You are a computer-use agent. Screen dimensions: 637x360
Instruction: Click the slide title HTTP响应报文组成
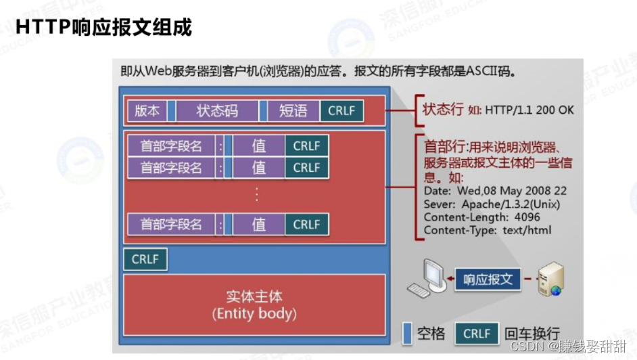point(103,27)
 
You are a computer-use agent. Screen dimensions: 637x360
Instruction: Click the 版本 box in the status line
point(147,111)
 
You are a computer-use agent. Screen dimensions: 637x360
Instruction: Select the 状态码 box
point(217,111)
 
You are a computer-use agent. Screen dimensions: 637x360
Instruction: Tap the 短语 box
point(293,111)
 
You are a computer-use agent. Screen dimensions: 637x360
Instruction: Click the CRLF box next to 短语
point(341,111)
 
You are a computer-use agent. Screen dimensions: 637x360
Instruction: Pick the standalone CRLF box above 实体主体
point(145,259)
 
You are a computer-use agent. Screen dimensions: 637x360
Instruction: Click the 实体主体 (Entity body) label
point(254,305)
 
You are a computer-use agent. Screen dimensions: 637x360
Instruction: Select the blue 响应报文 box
point(488,279)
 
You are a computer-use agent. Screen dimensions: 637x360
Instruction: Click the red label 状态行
point(444,110)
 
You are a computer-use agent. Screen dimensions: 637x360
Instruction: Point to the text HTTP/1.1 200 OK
point(529,110)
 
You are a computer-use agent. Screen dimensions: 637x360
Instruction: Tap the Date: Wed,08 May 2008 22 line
point(495,191)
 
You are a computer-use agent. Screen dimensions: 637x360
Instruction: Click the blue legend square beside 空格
point(407,333)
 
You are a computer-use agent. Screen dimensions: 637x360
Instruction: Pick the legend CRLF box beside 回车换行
point(477,333)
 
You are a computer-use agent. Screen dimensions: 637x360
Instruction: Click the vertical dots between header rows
point(256,195)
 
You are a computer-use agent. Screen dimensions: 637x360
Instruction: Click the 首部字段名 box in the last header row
point(171,225)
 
